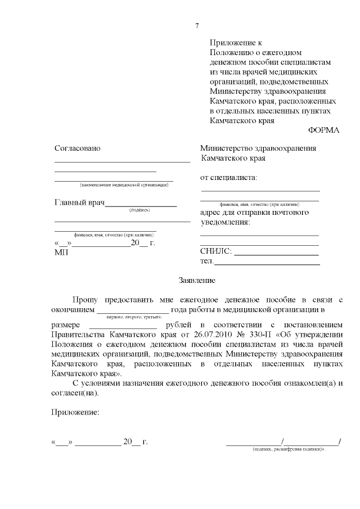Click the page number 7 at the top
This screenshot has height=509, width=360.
(197, 26)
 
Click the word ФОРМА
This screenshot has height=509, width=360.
(324, 130)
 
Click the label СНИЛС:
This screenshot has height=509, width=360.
(216, 251)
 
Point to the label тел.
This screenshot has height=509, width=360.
(206, 261)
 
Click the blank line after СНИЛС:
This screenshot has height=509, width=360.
(277, 254)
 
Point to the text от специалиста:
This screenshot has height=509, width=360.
(228, 178)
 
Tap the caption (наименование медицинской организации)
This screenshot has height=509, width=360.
(124, 184)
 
